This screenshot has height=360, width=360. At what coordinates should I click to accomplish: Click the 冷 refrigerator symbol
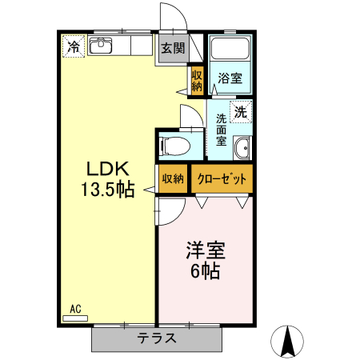(73, 46)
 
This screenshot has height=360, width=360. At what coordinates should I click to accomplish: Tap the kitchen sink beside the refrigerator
(102, 46)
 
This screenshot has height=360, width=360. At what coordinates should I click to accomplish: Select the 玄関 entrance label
(172, 48)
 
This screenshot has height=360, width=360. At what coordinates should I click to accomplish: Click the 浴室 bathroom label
(230, 78)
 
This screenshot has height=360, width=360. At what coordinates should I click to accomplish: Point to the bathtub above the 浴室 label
(231, 50)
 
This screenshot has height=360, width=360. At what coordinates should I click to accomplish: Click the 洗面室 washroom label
(222, 130)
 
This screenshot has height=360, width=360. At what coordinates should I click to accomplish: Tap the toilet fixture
(175, 146)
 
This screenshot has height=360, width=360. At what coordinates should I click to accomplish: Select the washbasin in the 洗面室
(242, 148)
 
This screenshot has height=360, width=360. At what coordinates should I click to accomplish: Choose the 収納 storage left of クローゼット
(173, 178)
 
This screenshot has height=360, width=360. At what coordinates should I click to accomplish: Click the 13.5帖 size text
(107, 190)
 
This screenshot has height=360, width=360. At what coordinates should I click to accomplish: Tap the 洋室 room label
(206, 250)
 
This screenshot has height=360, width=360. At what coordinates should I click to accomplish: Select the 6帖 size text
(206, 270)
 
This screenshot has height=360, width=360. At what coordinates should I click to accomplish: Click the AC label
(76, 309)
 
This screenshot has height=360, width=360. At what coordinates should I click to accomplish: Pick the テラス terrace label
(156, 338)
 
